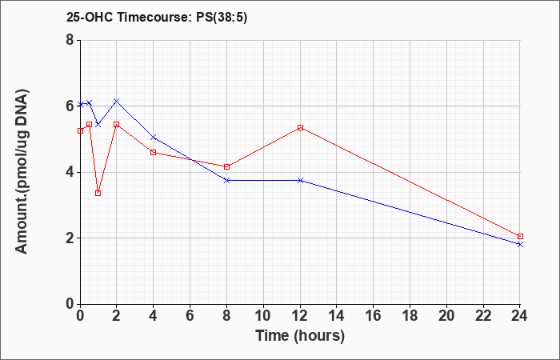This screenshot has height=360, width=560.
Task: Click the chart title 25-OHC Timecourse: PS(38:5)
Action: tap(157, 17)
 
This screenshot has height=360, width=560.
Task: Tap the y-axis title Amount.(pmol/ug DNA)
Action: tap(22, 172)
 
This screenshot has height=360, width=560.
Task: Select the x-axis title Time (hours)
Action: tap(300, 336)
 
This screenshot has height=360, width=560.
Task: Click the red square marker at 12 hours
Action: tap(300, 127)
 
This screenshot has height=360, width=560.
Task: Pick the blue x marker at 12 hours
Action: tap(300, 180)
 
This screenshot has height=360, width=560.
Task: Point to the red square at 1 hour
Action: tap(98, 194)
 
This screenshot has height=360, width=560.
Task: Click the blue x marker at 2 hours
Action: tap(117, 101)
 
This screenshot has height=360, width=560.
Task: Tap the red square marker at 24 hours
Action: tap(520, 237)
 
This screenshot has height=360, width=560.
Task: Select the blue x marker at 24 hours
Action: tap(520, 244)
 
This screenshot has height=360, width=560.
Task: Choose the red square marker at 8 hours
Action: tap(226, 166)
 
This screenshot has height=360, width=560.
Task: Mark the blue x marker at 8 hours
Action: tap(226, 180)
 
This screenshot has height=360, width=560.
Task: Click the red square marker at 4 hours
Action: tap(154, 153)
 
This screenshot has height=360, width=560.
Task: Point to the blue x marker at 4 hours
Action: tap(154, 137)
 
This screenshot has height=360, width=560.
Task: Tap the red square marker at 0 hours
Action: tap(80, 130)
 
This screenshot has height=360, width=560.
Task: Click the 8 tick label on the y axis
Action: tap(70, 40)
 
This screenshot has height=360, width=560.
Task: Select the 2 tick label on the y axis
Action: tap(70, 238)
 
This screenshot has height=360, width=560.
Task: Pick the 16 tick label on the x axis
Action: tap(374, 316)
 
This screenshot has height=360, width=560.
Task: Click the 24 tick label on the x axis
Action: tap(520, 316)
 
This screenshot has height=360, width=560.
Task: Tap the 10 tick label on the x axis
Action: tap(263, 316)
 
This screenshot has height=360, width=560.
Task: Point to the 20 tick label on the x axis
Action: tap(446, 316)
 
